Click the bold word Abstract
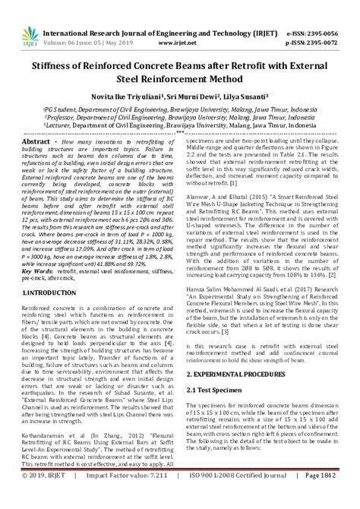pos(35,142)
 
